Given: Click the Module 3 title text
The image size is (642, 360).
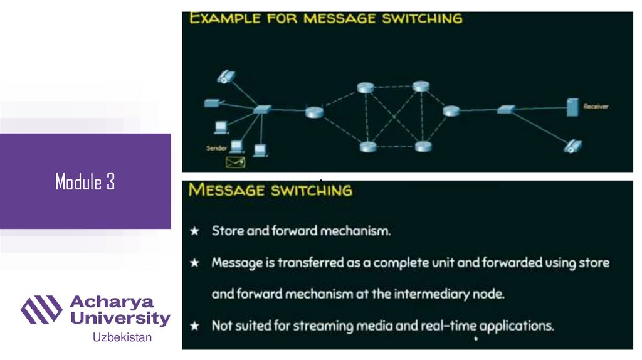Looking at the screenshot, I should (x=85, y=183).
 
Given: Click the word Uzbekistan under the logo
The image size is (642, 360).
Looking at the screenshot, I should (x=122, y=337).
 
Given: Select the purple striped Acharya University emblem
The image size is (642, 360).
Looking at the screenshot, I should (x=41, y=310).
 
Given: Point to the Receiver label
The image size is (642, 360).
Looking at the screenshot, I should (x=596, y=107).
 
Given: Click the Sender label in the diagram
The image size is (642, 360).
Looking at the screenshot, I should (x=216, y=148).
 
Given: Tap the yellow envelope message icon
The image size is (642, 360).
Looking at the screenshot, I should (x=235, y=162).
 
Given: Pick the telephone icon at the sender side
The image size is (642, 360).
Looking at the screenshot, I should (x=225, y=77).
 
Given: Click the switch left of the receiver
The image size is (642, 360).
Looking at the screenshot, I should (x=505, y=110).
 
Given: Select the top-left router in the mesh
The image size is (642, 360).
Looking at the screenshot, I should (x=365, y=88).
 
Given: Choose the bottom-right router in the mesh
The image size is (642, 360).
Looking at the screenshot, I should (x=423, y=147).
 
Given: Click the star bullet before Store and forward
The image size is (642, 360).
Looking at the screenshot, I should (x=195, y=231).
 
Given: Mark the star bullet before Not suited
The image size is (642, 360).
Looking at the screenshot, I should (x=195, y=326).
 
